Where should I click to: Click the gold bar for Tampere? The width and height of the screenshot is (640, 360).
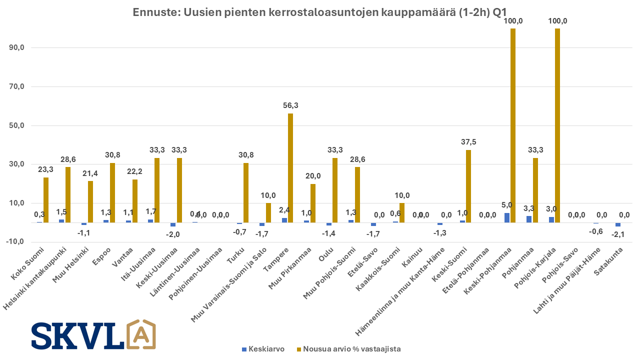pos(290,168)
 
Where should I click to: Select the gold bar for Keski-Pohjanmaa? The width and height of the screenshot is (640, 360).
pos(513,125)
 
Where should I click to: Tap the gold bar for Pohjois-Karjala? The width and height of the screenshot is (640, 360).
pos(557,125)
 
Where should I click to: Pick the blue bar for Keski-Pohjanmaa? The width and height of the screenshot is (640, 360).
pos(507,217)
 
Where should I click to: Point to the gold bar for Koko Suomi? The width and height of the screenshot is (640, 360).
pos(46,200)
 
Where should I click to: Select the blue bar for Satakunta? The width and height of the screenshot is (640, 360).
pos(618,224)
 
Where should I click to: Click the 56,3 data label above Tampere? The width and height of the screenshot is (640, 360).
pos(290,105)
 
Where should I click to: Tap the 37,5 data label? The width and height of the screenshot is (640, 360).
pos(468,142)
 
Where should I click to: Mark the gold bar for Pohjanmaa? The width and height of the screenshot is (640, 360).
pos(535,190)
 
